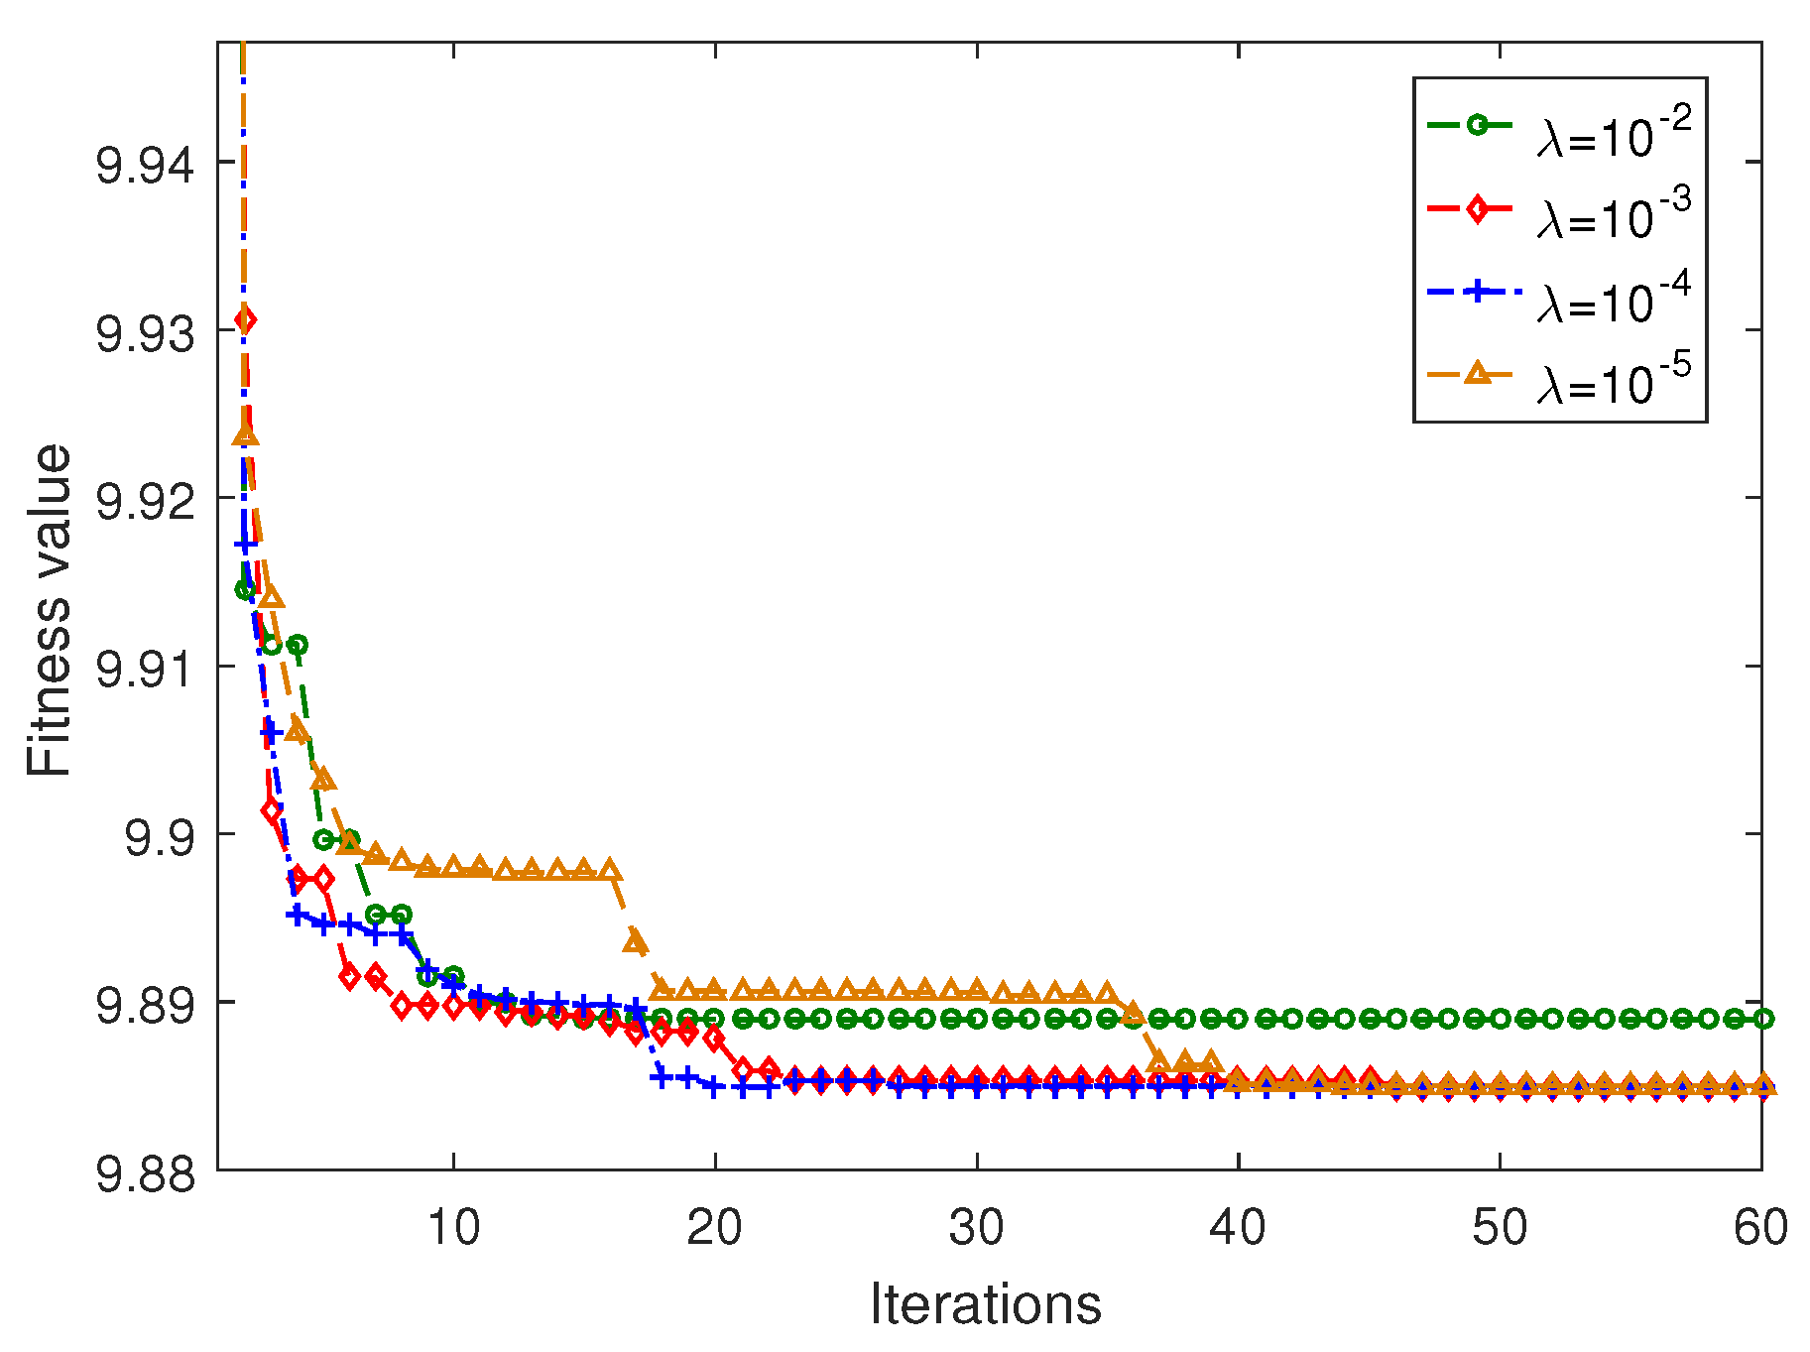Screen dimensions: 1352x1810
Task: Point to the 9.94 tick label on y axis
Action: (x=146, y=165)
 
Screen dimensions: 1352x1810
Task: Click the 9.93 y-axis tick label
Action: (x=146, y=333)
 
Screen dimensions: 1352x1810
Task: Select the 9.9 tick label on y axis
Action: (x=160, y=837)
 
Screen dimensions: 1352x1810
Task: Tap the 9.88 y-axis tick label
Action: (x=146, y=1173)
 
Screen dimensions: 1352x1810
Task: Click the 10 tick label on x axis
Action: (x=453, y=1227)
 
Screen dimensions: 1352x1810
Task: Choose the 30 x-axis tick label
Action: (x=977, y=1227)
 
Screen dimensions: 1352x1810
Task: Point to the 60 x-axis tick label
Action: (x=1760, y=1227)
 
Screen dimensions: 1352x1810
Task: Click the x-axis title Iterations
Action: (x=986, y=1303)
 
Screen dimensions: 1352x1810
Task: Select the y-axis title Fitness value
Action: (x=50, y=609)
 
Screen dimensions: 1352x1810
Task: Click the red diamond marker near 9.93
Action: (x=245, y=319)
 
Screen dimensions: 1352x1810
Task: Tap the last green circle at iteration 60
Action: (x=1761, y=1018)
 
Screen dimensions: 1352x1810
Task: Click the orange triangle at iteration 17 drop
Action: (x=636, y=940)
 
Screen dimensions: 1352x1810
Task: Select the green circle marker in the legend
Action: (x=1477, y=125)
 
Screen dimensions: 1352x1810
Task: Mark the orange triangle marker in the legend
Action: (x=1477, y=373)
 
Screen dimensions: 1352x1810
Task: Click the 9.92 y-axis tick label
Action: (x=146, y=501)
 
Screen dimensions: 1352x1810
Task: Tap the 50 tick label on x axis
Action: (x=1500, y=1227)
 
